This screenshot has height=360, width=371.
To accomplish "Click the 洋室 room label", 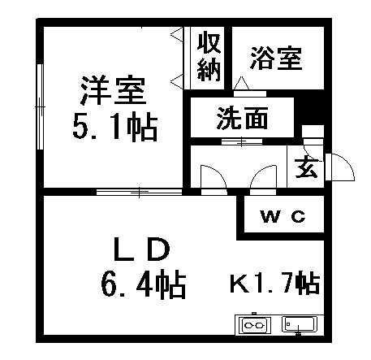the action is tap(114, 90).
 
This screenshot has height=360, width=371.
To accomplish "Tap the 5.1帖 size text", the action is tap(115, 128).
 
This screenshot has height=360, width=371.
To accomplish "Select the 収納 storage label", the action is tap(209, 58).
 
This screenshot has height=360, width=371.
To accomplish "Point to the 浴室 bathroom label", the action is tap(276, 58).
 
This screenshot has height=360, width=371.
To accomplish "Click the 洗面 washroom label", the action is tap(243, 119).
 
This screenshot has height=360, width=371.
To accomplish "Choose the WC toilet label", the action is tap(283, 216).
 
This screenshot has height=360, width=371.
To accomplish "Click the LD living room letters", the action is tap(142, 249).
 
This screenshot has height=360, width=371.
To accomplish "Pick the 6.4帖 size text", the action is tap(144, 284).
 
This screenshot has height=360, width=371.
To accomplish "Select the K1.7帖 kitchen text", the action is tap(275, 284).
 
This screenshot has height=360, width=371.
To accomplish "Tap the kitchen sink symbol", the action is tap(300, 324).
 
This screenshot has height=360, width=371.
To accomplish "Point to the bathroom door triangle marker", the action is tap(241, 83).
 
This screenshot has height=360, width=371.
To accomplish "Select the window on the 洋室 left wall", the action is tap(40, 106).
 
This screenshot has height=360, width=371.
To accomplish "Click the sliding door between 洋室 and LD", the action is tap(139, 192).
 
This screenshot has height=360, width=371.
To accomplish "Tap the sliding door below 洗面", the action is tap(242, 141).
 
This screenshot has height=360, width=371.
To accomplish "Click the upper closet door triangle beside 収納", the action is tap(177, 35).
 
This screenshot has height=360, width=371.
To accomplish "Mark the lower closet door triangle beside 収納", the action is tap(177, 80).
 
